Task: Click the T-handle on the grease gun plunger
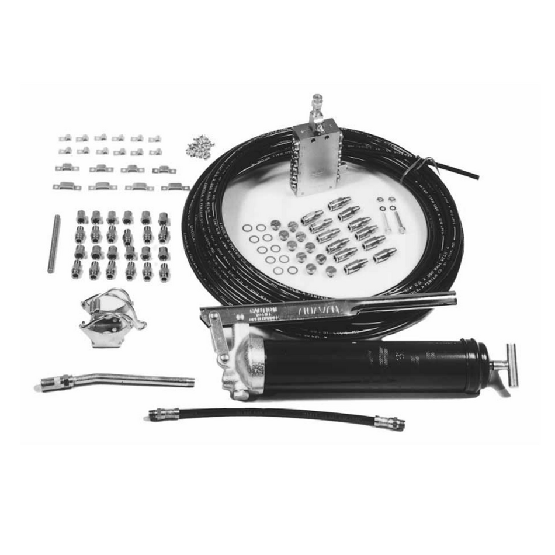click(512, 365)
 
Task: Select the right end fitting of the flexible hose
click(390, 422)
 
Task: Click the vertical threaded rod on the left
click(54, 244)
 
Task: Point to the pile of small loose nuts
click(200, 147)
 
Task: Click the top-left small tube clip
click(65, 138)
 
